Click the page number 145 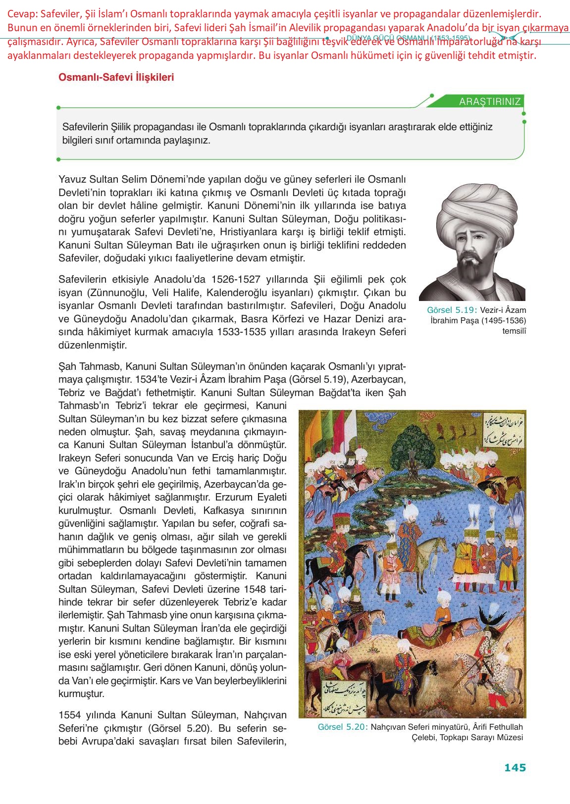tap(515, 768)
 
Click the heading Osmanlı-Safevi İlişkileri tap(116, 78)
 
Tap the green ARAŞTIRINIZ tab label tap(490, 101)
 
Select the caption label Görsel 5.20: tap(342, 727)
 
